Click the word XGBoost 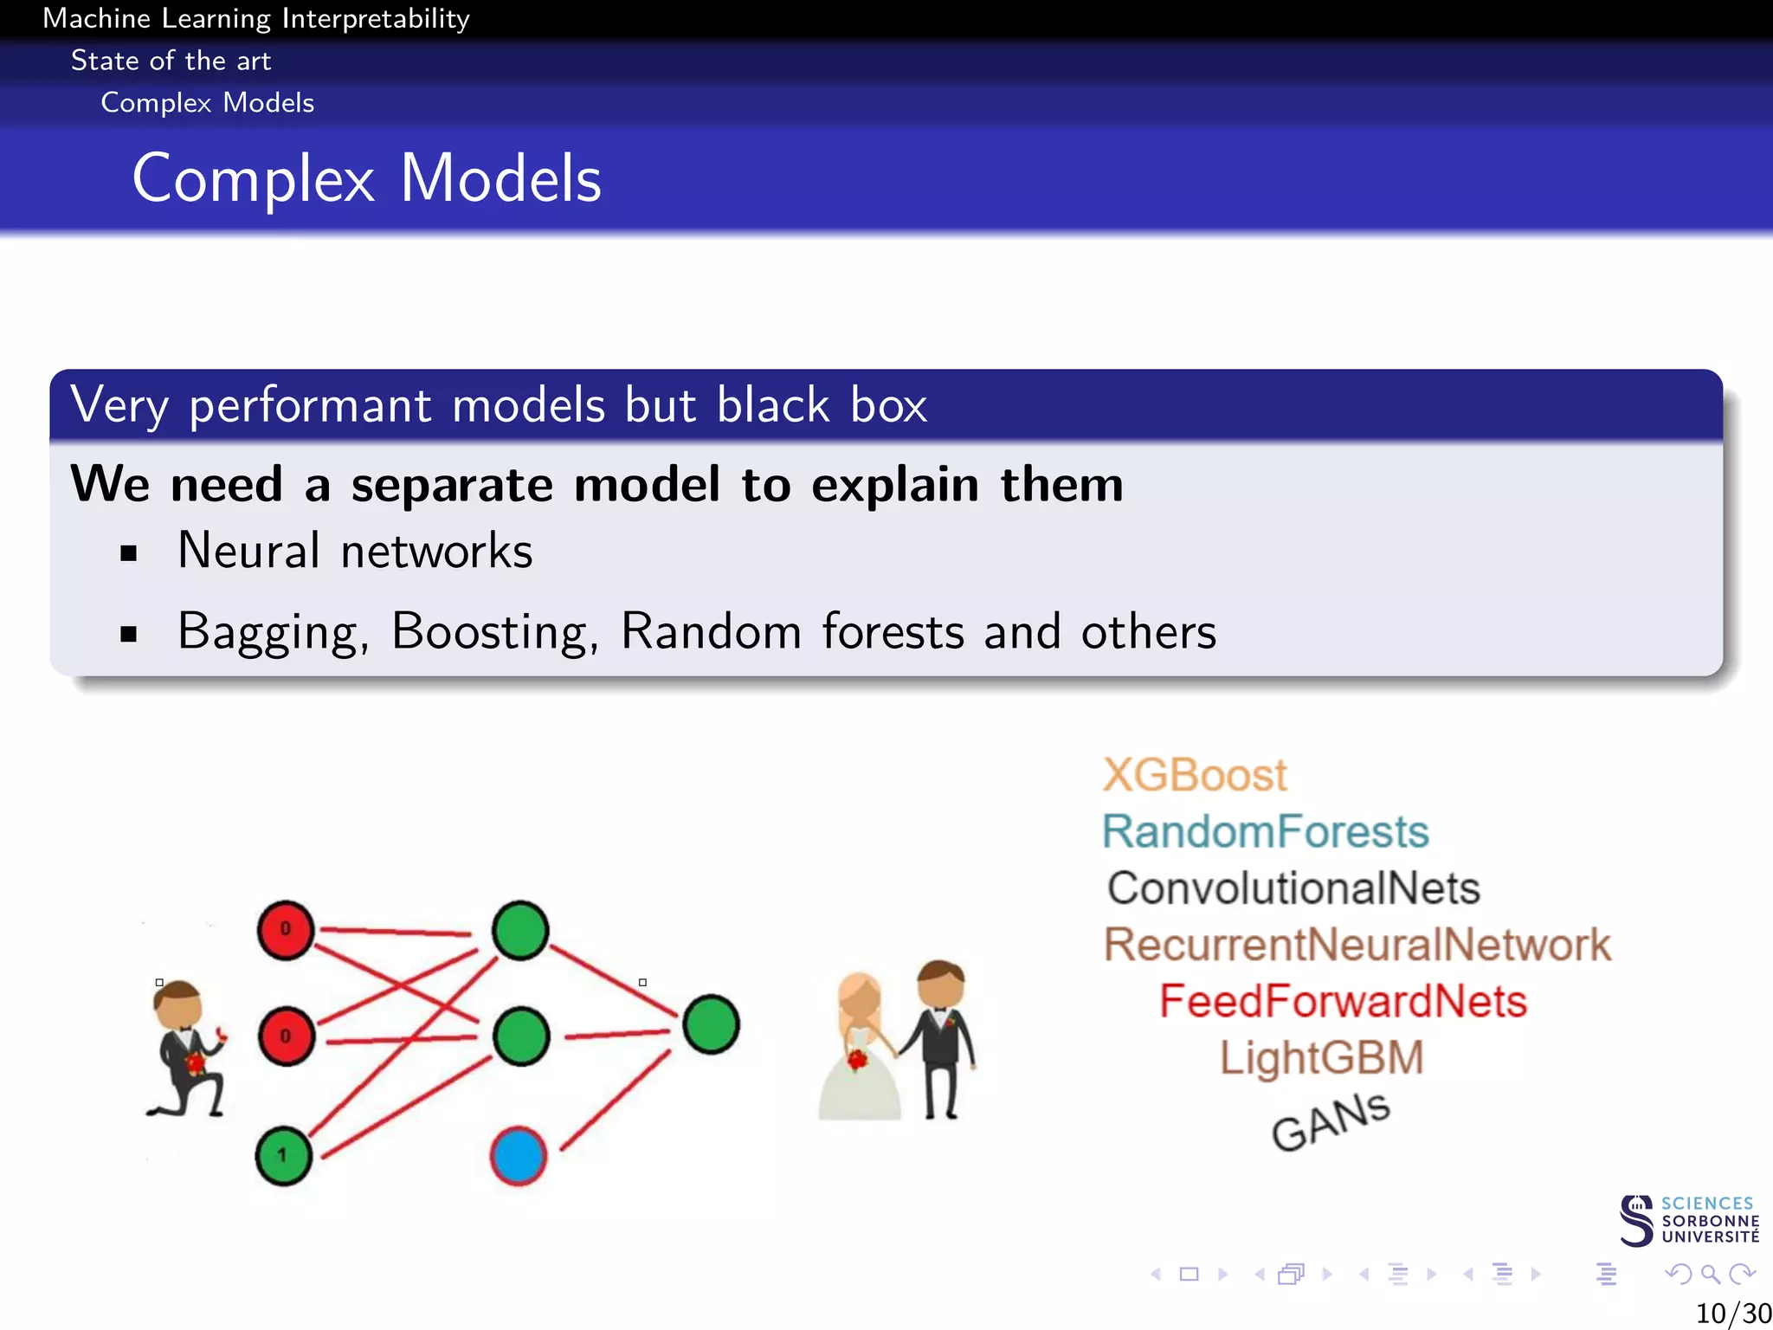(x=1194, y=775)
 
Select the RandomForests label (x=1265, y=832)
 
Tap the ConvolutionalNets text (x=1293, y=888)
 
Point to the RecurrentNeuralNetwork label (x=1357, y=945)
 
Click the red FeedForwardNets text (x=1343, y=1002)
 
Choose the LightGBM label (x=1321, y=1058)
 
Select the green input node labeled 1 (x=283, y=1156)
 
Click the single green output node (x=711, y=1024)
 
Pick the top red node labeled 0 (x=286, y=930)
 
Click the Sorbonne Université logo (x=1688, y=1221)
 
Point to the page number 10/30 (x=1732, y=1314)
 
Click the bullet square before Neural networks (x=129, y=553)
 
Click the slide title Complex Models (x=366, y=178)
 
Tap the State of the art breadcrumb (x=171, y=61)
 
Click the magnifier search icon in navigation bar (x=1710, y=1274)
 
